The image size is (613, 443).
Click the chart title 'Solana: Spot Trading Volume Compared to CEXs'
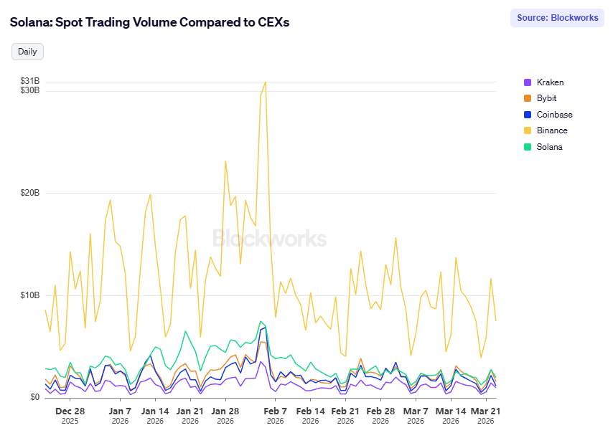pyautogui.click(x=149, y=22)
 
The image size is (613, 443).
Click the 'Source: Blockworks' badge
pyautogui.click(x=557, y=18)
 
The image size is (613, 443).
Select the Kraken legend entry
pyautogui.click(x=550, y=82)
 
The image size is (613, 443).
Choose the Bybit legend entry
pyautogui.click(x=546, y=98)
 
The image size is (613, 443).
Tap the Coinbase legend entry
pyautogui.click(x=554, y=115)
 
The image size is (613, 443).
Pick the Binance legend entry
pyautogui.click(x=552, y=130)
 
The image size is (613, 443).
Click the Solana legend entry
pyautogui.click(x=549, y=147)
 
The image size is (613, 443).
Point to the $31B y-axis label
pyautogui.click(x=30, y=81)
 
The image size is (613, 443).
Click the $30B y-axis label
pyautogui.click(x=30, y=90)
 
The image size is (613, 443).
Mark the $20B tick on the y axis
pyautogui.click(x=30, y=193)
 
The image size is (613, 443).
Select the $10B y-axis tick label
pyautogui.click(x=30, y=295)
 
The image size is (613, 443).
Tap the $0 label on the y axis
pyautogui.click(x=34, y=397)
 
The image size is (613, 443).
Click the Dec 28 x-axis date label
pyautogui.click(x=70, y=411)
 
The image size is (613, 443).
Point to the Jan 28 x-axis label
pyautogui.click(x=225, y=411)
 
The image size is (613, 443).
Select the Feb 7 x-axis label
pyautogui.click(x=276, y=411)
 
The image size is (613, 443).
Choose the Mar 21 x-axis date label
pyautogui.click(x=486, y=411)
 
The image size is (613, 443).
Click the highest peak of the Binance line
pyautogui.click(x=266, y=82)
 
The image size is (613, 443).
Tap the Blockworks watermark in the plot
pyautogui.click(x=269, y=239)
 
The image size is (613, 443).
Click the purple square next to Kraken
pyautogui.click(x=528, y=82)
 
